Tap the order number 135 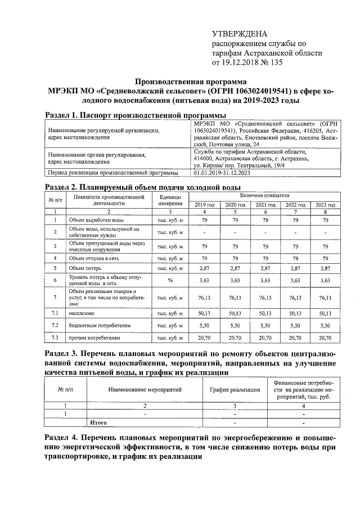(276, 62)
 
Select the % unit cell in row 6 (169, 280)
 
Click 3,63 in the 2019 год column (204, 280)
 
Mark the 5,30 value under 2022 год (295, 325)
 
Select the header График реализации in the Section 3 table (235, 389)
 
